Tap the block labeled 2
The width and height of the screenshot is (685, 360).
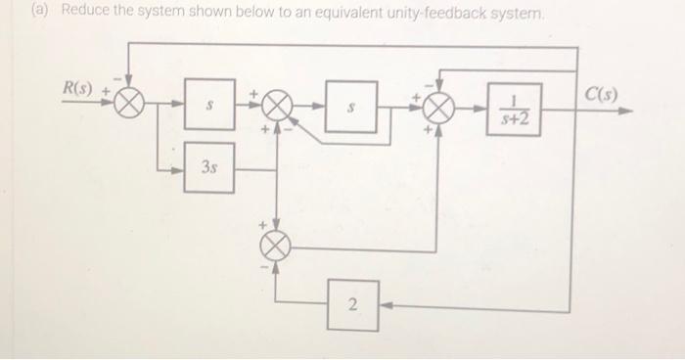tap(353, 305)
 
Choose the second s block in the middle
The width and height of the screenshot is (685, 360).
tap(350, 106)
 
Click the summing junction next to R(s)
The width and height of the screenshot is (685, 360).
tap(131, 102)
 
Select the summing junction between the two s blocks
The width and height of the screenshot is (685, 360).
tap(277, 105)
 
